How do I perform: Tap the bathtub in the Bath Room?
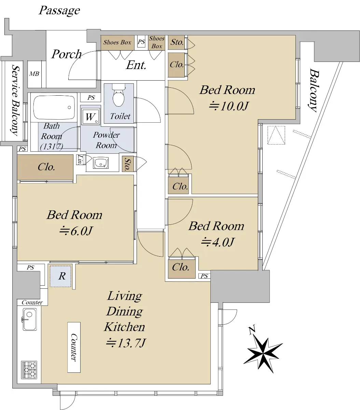pyautogui.click(x=54, y=108)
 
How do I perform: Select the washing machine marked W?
pyautogui.click(x=91, y=117)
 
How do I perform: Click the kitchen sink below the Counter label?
pyautogui.click(x=30, y=319)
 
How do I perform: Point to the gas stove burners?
pyautogui.click(x=29, y=370)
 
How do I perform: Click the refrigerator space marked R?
pyautogui.click(x=60, y=276)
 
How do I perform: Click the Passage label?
pyautogui.click(x=59, y=10)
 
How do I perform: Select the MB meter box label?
pyautogui.click(x=34, y=74)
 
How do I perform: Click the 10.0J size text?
pyautogui.click(x=229, y=106)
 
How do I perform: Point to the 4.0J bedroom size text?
pyautogui.click(x=218, y=242)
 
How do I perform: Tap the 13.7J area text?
pyautogui.click(x=125, y=343)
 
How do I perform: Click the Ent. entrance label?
pyautogui.click(x=136, y=65)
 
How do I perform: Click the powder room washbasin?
pyautogui.click(x=100, y=163)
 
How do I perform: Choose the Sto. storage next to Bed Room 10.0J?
pyautogui.click(x=177, y=42)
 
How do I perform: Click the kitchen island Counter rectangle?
pyautogui.click(x=74, y=347)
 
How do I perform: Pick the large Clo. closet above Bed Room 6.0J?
pyautogui.click(x=45, y=167)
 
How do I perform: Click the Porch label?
pyautogui.click(x=66, y=54)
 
